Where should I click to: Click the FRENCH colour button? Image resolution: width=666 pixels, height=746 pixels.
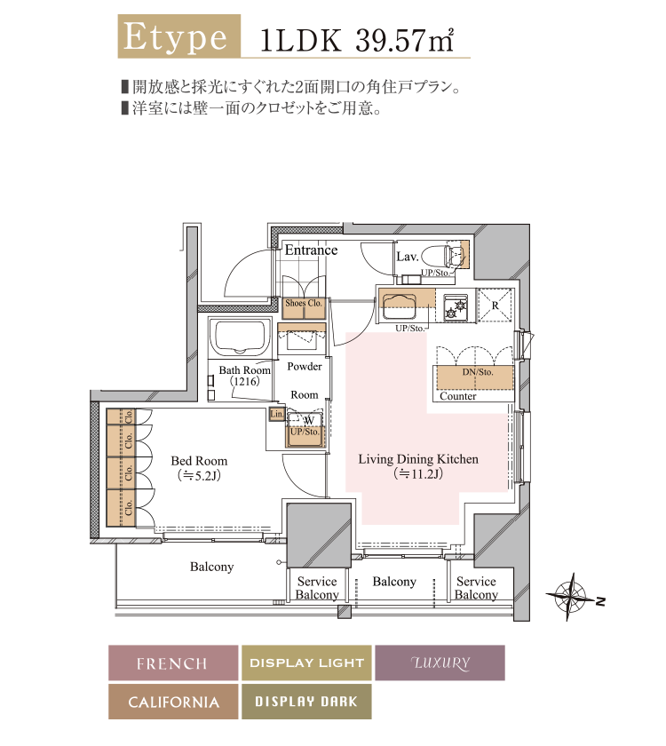(x=173, y=663)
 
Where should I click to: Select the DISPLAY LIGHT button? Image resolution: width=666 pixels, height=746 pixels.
(x=306, y=663)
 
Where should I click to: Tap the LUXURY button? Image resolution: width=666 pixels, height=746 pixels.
(x=440, y=663)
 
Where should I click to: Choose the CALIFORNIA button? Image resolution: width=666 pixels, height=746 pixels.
(x=173, y=702)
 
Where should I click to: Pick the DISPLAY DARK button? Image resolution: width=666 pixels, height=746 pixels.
(x=306, y=702)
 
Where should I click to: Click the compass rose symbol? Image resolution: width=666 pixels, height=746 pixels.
(x=569, y=593)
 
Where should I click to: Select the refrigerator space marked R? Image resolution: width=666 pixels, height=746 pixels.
(x=496, y=305)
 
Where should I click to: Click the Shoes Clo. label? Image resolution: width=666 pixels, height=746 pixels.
(x=303, y=304)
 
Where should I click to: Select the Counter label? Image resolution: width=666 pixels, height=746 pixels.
(x=458, y=396)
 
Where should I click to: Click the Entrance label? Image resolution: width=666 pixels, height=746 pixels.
(x=311, y=250)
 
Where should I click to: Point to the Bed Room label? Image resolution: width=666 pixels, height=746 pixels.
(x=199, y=461)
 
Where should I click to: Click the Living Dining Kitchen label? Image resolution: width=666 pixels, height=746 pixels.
(x=418, y=459)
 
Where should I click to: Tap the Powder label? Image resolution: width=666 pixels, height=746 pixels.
(x=305, y=367)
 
